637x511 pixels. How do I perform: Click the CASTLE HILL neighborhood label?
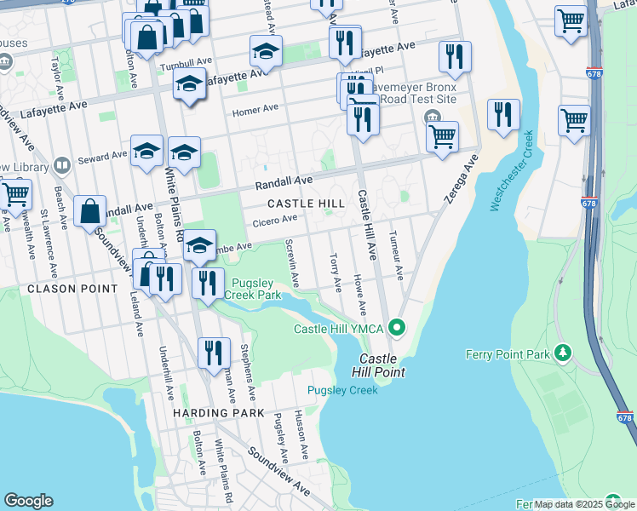point(306,204)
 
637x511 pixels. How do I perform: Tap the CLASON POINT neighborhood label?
point(72,289)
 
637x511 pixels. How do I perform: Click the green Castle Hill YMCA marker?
point(396,327)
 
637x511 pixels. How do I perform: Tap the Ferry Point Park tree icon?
point(561,352)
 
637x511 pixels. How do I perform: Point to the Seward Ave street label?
point(101,157)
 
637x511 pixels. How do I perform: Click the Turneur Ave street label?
point(396,254)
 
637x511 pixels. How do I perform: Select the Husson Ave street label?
point(300,427)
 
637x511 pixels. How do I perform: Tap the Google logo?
point(28,501)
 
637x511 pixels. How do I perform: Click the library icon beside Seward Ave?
point(61,165)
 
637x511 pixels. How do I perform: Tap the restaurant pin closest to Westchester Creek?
point(502,114)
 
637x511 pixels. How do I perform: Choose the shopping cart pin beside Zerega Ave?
point(442,135)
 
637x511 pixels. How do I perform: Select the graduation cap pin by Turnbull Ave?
point(266,51)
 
